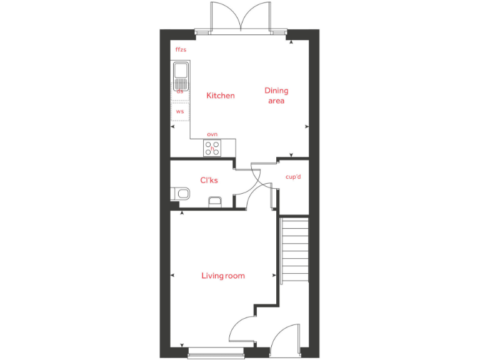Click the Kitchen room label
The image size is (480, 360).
221,96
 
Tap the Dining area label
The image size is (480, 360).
276,96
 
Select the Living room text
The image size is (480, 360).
222,276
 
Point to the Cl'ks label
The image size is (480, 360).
209,181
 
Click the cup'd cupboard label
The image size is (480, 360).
293,177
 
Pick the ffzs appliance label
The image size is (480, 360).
181,49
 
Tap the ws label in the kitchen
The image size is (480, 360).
180,111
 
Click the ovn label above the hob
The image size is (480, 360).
212,134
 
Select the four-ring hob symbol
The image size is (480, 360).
212,148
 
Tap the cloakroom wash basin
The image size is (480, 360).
214,201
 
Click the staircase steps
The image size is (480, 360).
296,249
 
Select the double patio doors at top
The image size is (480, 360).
241,17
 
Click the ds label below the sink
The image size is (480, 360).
180,91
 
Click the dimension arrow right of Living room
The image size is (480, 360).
274,276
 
